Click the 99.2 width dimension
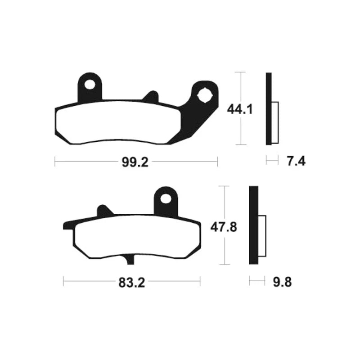135,162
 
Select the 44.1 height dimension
240,109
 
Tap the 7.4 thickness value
296,161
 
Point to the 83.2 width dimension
131,283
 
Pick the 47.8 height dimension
224,227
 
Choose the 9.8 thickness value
282,282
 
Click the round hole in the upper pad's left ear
90,85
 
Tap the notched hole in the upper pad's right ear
204,95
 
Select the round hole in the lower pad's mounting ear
166,198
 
